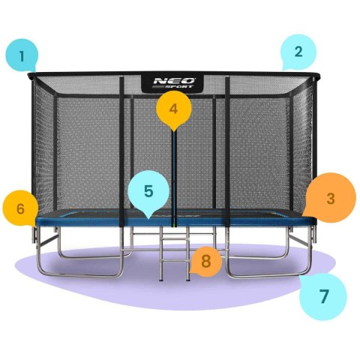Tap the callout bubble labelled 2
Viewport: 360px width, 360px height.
298,52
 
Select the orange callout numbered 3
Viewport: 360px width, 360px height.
330,198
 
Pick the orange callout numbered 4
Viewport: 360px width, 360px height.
173,109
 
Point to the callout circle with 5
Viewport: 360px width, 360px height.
148,191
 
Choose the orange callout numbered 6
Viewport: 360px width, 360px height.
20,208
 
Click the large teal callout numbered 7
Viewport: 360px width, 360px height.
323,295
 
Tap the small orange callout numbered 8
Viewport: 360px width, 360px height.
205,262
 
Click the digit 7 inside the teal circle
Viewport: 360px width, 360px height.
323,295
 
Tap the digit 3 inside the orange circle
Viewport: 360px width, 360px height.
330,198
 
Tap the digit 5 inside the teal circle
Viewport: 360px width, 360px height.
148,191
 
